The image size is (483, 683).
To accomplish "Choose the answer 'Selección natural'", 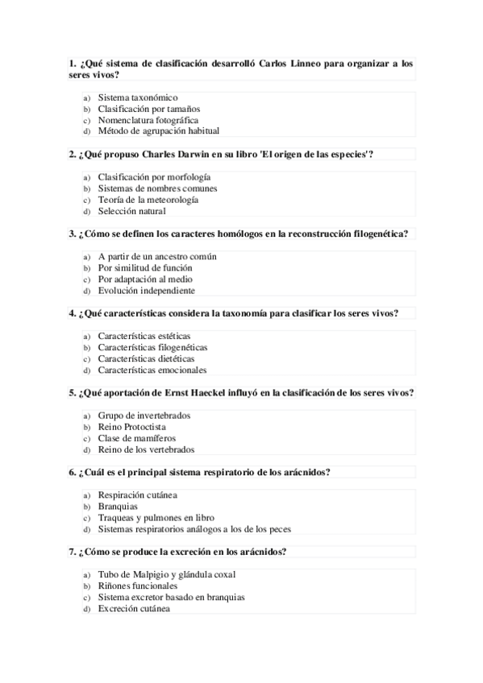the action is coord(132,211).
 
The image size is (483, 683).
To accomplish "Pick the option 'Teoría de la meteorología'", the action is coord(148,200).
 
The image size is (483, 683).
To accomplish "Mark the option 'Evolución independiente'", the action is coord(147,290).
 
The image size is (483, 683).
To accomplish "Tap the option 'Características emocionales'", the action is coord(152,370).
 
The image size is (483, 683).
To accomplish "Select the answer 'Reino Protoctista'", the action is coord(132,427).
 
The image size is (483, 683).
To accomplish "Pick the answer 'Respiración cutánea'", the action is coord(138,495).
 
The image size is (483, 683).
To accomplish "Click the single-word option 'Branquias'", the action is coord(118,506).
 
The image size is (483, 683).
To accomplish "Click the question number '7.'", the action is coord(73,552).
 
